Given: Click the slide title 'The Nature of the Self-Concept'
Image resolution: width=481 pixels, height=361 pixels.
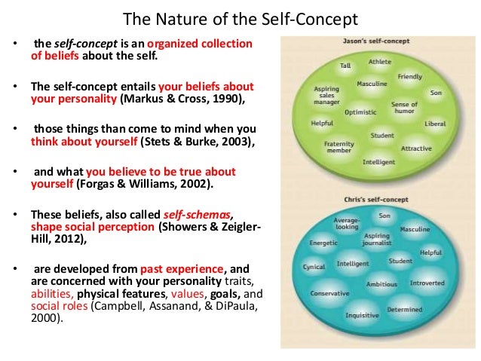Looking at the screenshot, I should click(240, 17).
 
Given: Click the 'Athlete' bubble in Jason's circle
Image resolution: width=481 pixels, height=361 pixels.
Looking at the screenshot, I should click(379, 62).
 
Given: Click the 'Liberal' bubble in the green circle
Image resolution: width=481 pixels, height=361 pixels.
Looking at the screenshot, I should click(435, 124).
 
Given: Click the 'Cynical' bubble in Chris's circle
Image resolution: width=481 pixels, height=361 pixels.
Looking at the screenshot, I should click(314, 267).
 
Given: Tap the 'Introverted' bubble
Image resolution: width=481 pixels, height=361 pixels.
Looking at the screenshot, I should click(427, 283).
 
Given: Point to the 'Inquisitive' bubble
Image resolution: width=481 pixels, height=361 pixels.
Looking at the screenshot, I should click(361, 315).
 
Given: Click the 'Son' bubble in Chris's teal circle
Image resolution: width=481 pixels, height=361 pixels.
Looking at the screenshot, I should click(384, 216).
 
